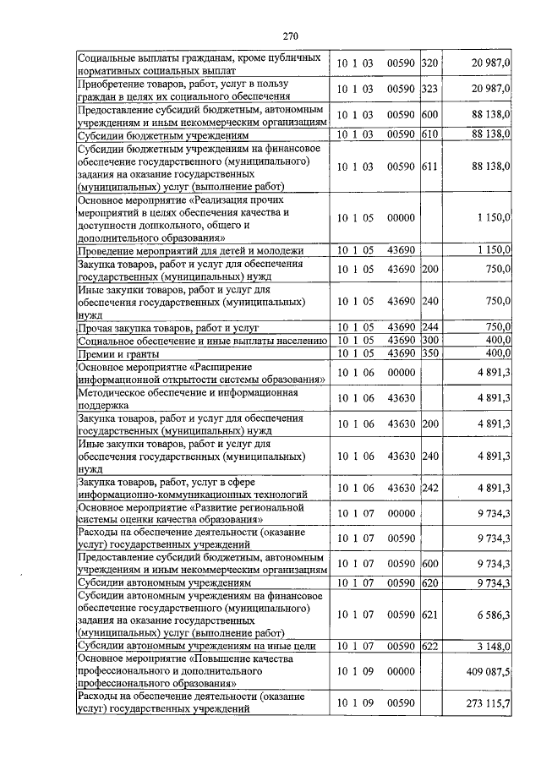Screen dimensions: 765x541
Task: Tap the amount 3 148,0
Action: tap(491, 647)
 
